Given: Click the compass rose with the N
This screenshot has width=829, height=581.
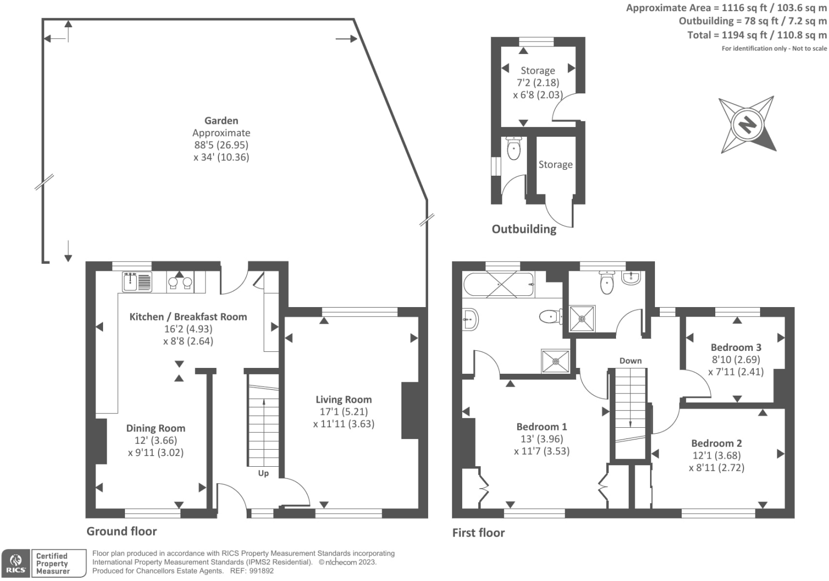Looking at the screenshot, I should tap(747, 124).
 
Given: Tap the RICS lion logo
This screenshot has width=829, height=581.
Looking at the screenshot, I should tap(15, 563).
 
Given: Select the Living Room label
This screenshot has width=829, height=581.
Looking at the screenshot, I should tap(343, 399).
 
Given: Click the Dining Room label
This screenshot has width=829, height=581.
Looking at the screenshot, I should tap(155, 428).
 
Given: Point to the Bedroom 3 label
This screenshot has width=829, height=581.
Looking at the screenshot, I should tap(736, 347).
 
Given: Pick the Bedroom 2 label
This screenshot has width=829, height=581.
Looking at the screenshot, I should tap(716, 443).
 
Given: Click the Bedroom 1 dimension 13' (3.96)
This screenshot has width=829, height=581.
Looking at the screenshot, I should tap(541, 438).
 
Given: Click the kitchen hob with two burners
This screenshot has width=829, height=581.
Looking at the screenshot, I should tap(180, 282).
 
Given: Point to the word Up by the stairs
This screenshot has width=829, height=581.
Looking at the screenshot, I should tap(263, 473).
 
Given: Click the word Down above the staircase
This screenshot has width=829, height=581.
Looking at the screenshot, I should tap(630, 360).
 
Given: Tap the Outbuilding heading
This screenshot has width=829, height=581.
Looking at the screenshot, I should tap(524, 229).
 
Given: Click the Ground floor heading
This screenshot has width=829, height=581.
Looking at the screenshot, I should tap(122, 531).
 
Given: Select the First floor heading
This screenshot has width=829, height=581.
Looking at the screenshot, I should tap(478, 532).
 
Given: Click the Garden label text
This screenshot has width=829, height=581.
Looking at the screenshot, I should tap(221, 121).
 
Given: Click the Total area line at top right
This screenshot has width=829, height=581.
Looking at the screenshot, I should tap(756, 35).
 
